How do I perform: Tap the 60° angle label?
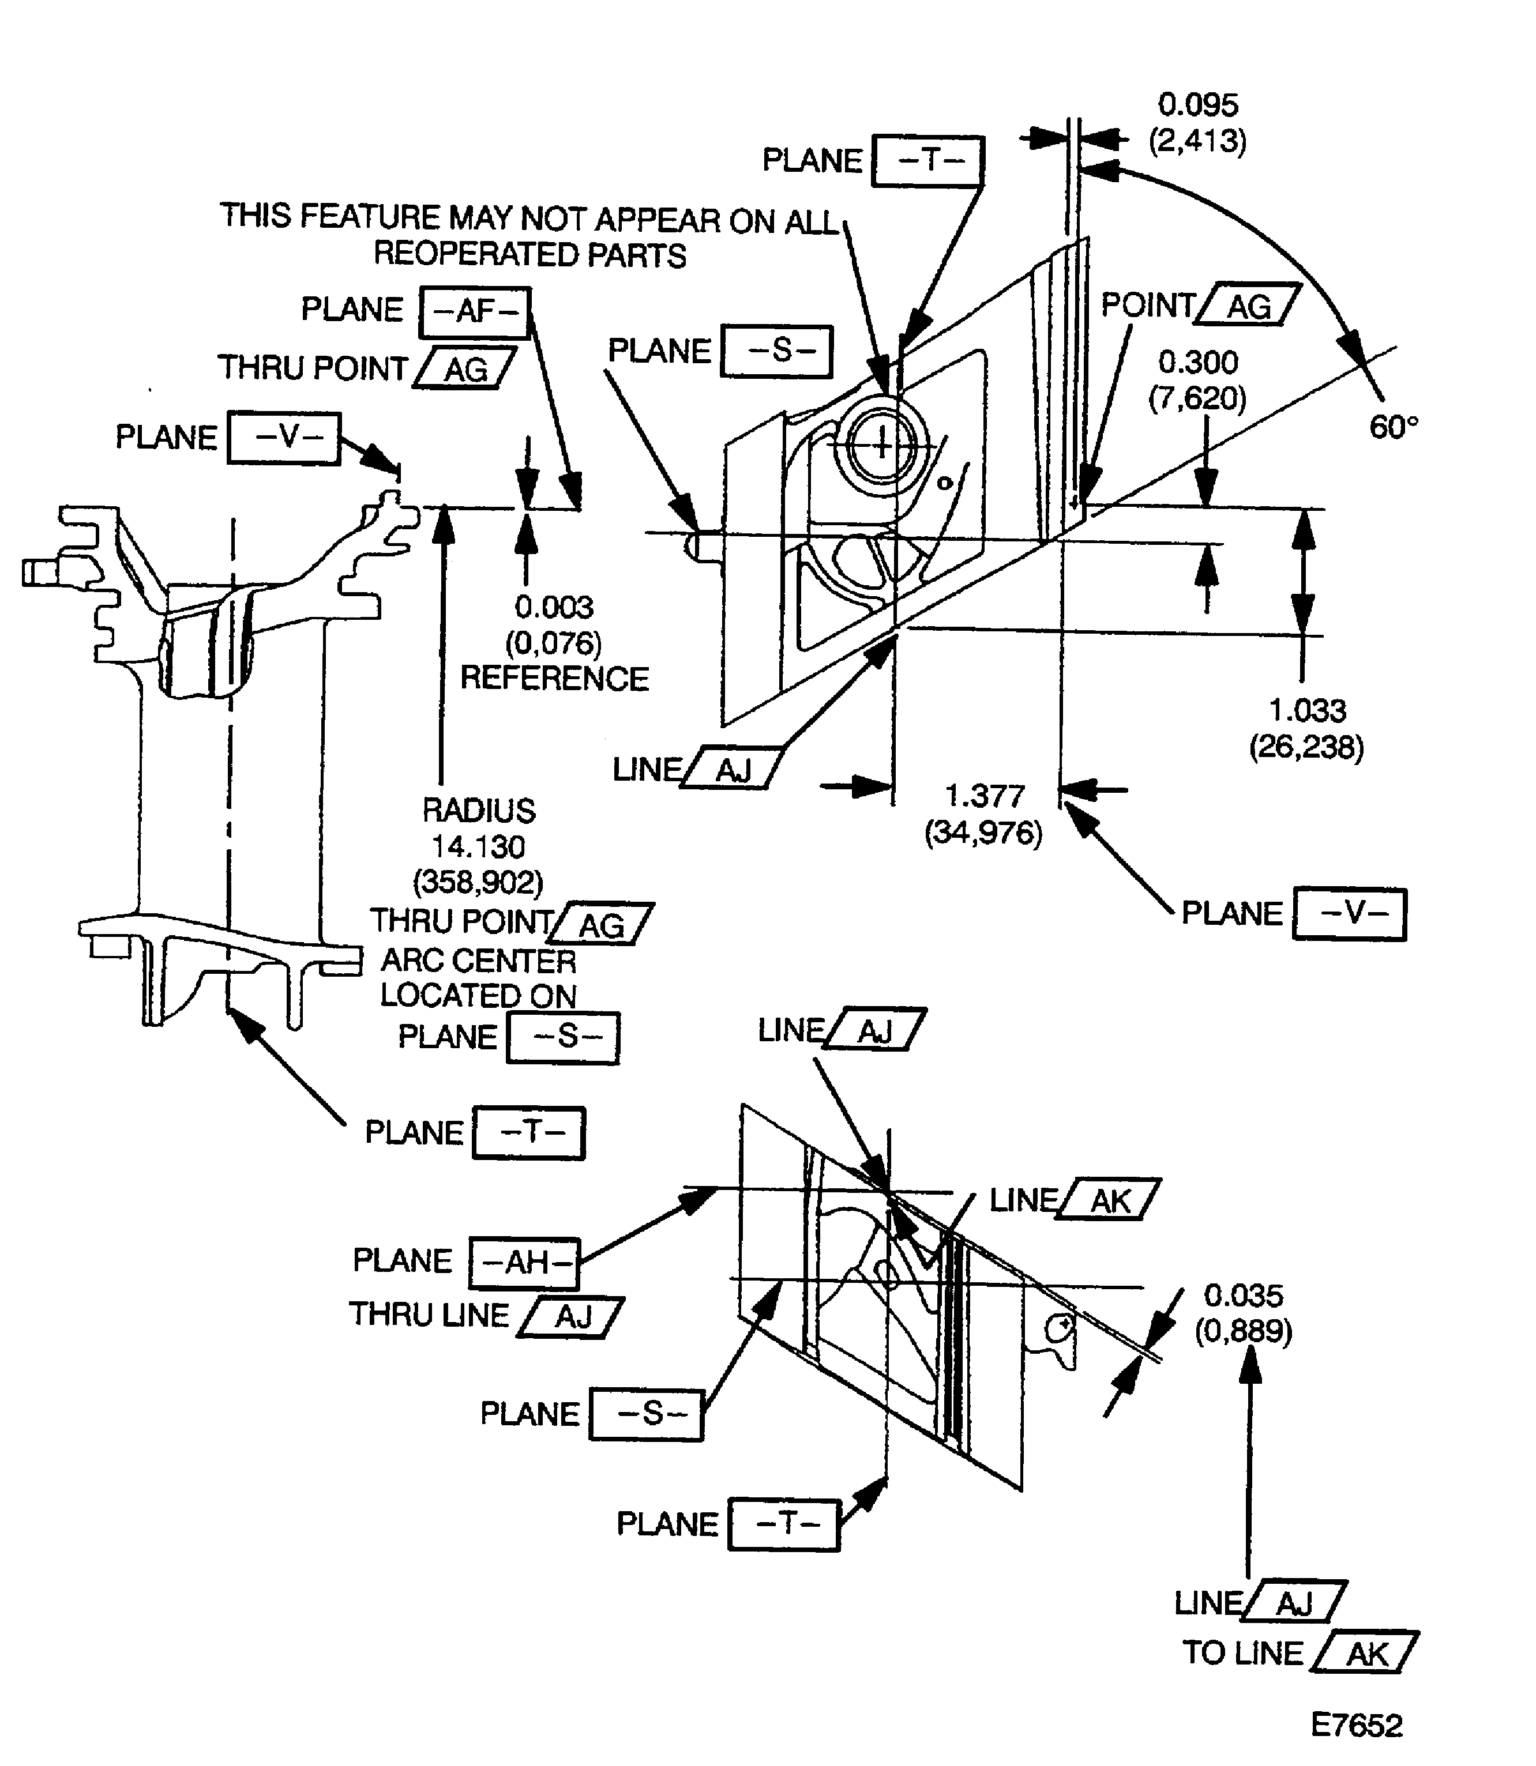click(1393, 427)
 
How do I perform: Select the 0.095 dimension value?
click(1197, 104)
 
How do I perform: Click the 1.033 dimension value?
click(1307, 710)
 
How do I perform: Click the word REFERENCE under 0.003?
click(554, 679)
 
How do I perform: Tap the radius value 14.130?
click(478, 846)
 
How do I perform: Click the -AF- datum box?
click(475, 312)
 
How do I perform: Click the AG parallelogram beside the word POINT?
click(1249, 306)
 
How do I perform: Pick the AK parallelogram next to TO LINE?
click(1365, 1654)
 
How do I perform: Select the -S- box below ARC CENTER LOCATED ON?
click(563, 1038)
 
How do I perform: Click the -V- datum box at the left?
click(284, 438)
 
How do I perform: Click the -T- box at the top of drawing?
click(927, 160)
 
